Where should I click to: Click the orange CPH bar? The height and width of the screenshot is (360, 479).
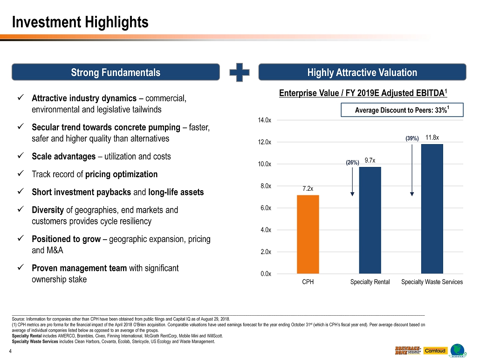[x=308, y=234]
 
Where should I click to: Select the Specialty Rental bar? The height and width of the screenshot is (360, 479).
[x=370, y=220]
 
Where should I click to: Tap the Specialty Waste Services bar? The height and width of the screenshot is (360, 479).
[x=432, y=208]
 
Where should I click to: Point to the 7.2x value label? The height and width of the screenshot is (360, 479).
[x=308, y=188]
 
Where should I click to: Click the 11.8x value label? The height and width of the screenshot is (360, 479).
[x=432, y=138]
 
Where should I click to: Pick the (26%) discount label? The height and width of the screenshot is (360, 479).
[x=352, y=163]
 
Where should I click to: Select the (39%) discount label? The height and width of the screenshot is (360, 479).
[x=412, y=138]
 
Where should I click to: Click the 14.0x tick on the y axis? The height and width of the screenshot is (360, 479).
[x=265, y=120]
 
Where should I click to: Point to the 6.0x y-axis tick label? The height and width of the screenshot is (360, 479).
[x=265, y=208]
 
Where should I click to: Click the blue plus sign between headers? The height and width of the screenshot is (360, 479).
[x=239, y=72]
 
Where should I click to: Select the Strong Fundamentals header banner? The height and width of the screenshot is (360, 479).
[x=116, y=72]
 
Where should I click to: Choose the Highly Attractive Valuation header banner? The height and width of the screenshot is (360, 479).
[x=362, y=72]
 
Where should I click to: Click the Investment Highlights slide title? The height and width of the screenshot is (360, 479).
[x=80, y=22]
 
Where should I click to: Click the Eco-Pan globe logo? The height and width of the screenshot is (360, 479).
[x=459, y=351]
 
